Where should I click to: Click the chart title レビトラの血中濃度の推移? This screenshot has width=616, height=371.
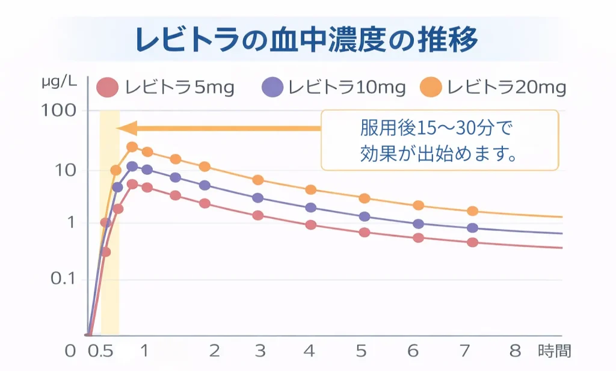[307, 40]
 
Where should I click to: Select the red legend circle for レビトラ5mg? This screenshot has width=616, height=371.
[107, 88]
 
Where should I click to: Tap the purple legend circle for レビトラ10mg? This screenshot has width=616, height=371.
[273, 88]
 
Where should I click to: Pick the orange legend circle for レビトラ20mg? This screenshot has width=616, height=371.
[433, 88]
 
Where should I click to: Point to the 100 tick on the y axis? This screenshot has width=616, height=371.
[60, 111]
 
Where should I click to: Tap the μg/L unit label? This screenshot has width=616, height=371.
[59, 82]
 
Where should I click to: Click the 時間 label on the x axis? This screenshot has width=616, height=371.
[554, 351]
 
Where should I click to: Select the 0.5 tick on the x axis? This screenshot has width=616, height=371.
[101, 351]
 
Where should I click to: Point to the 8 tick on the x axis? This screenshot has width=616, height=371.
[515, 351]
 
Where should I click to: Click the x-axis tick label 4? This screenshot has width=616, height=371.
[309, 351]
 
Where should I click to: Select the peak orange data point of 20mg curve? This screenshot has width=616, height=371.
[132, 147]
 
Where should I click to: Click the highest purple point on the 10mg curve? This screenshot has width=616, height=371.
[132, 167]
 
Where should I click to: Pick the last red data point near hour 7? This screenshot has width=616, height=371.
[472, 242]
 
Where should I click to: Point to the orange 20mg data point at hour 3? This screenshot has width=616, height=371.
[258, 180]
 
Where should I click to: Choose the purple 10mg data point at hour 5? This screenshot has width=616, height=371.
[365, 216]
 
